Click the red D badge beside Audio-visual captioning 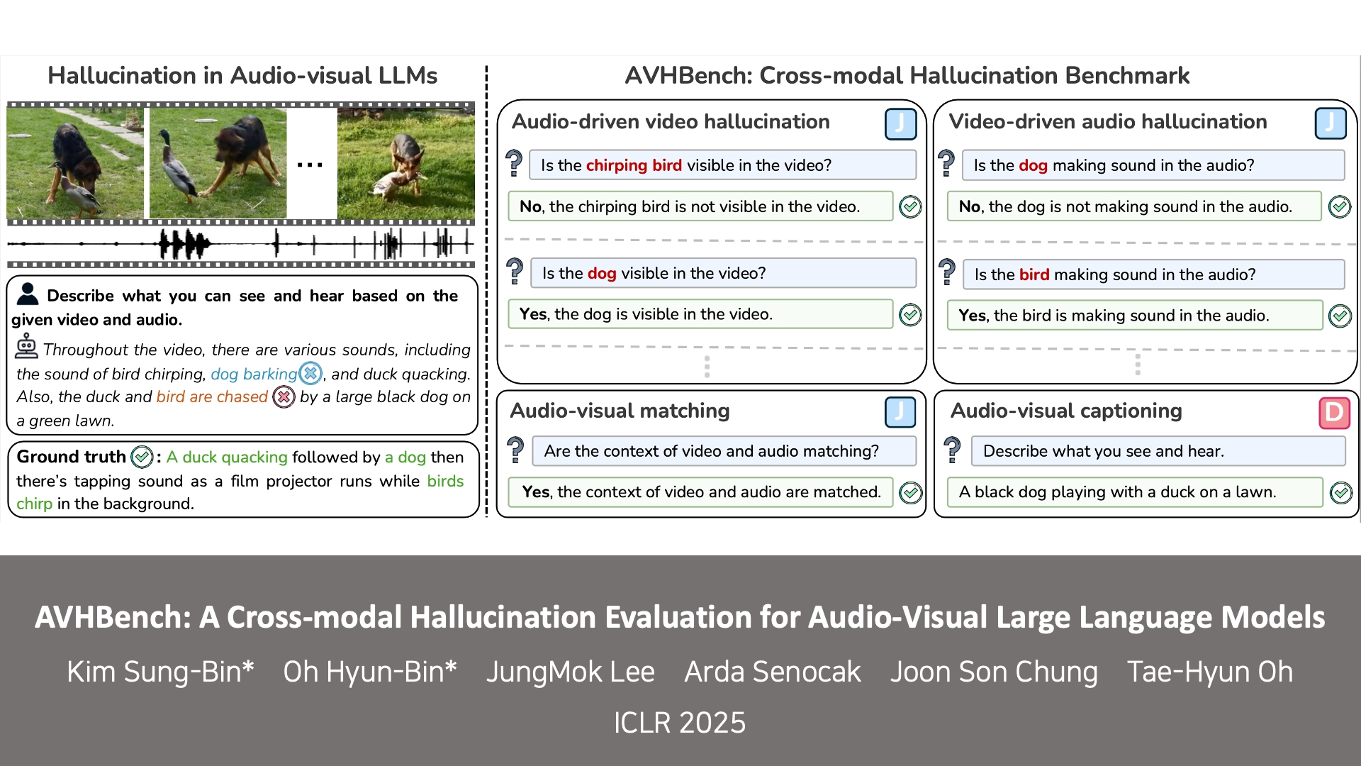pos(1334,413)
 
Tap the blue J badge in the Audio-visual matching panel pos(900,412)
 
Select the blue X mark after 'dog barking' pos(310,373)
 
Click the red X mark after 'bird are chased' pos(284,396)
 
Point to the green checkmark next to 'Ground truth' pos(142,457)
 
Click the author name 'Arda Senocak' pos(772,672)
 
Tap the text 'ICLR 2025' pos(680,723)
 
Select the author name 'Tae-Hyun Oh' pos(1210,672)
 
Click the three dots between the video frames pos(310,165)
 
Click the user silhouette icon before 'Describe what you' pos(28,294)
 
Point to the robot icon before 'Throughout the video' pos(26,347)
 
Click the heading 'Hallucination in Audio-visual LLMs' pos(242,75)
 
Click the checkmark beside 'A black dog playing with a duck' pos(1340,492)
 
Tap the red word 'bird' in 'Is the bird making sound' pos(1034,274)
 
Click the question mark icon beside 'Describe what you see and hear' pos(952,450)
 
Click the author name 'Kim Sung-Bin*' pos(160,672)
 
